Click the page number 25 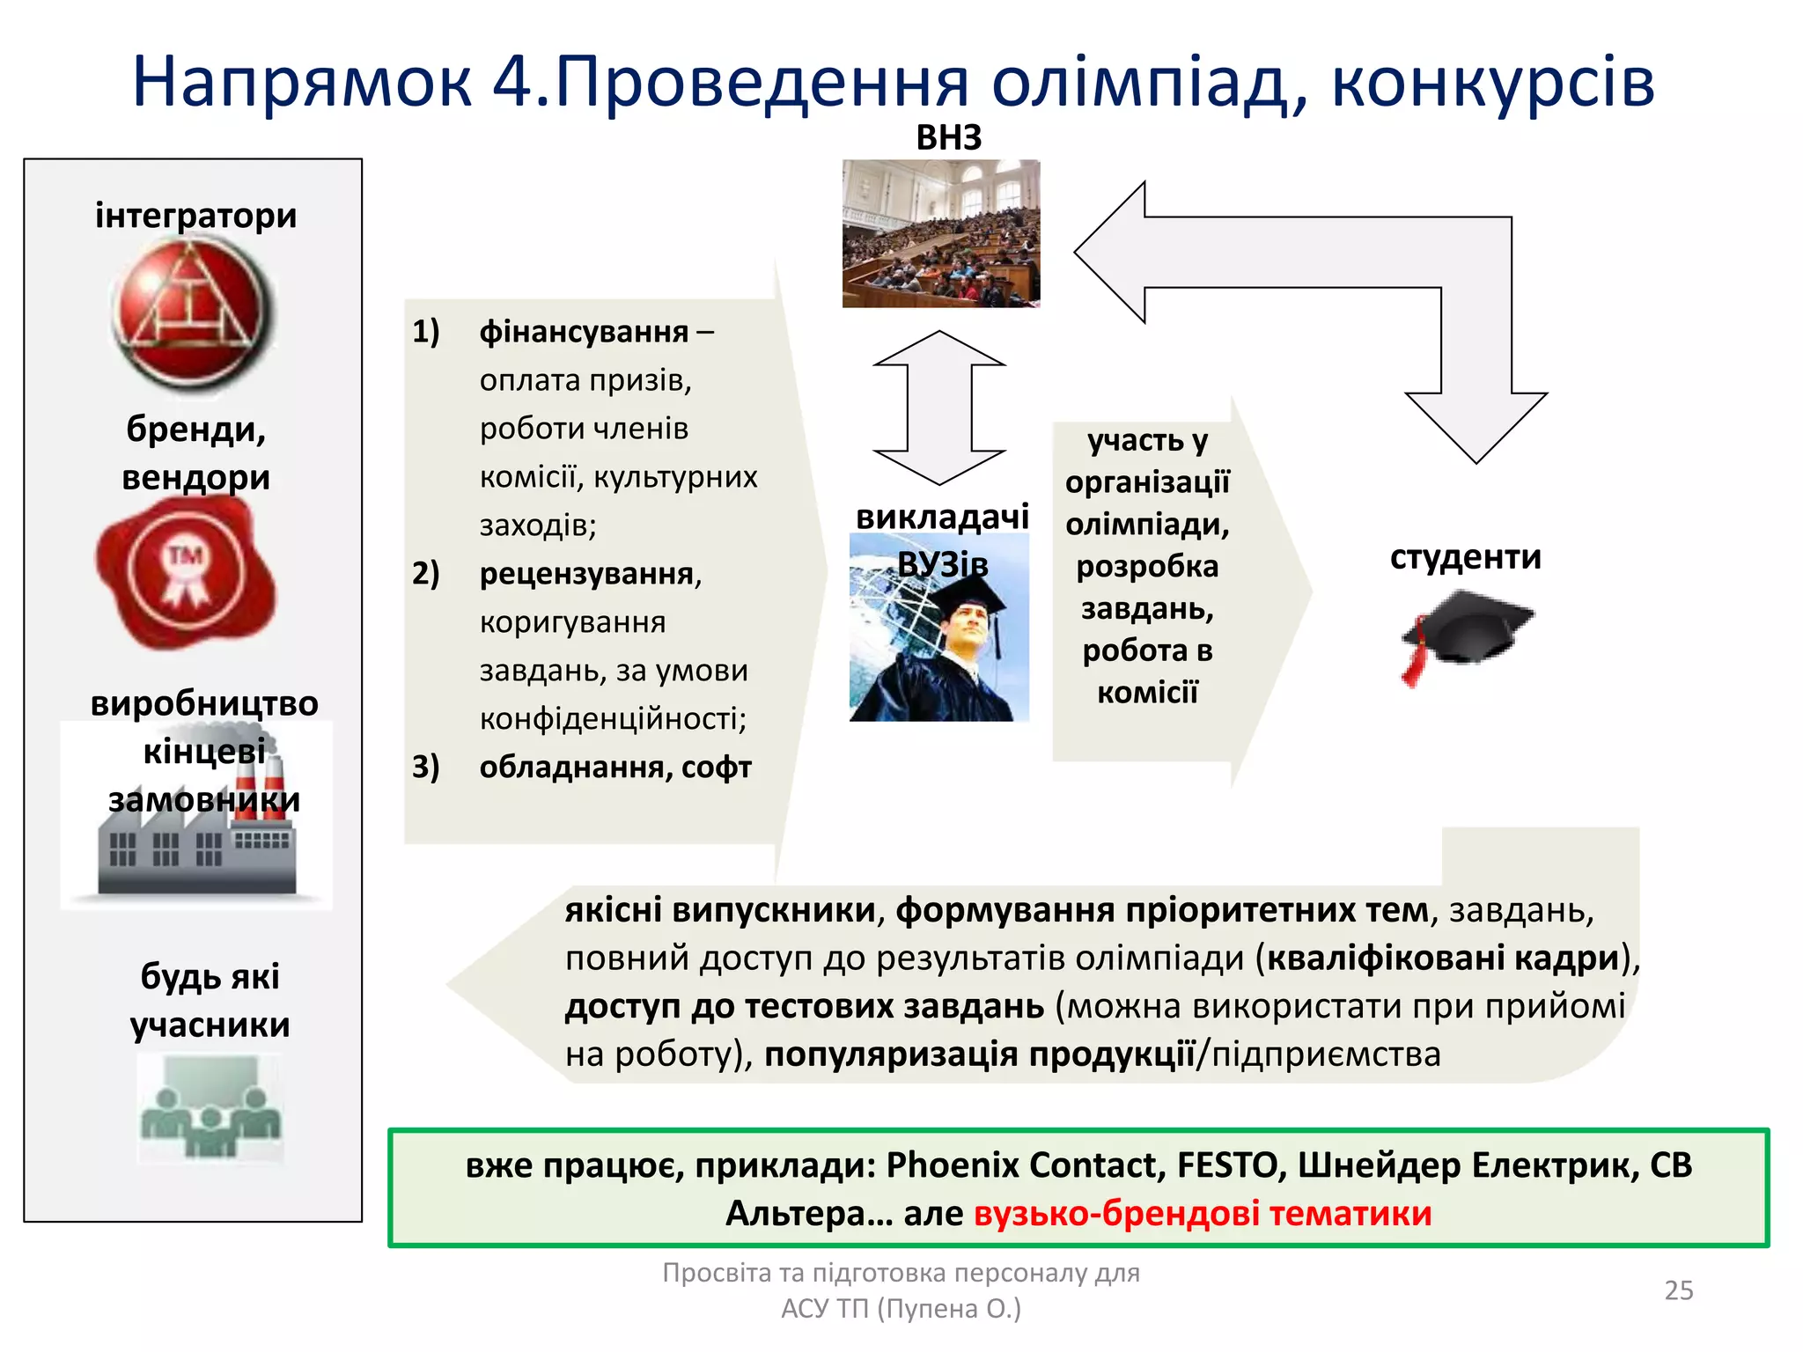tap(1678, 1290)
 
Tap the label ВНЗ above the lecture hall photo tap(948, 138)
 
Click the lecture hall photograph tap(940, 233)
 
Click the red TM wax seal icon tap(185, 572)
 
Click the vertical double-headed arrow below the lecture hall tap(938, 408)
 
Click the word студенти tap(1465, 557)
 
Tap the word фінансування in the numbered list tap(584, 332)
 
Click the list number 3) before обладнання tap(426, 767)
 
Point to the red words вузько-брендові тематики tap(1202, 1213)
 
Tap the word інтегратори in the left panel tap(195, 216)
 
